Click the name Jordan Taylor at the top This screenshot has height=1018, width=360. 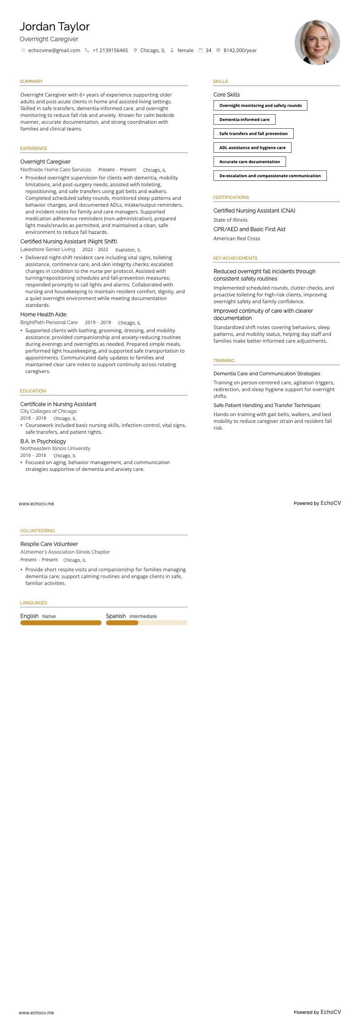coord(54,27)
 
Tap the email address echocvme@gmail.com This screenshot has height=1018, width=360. coord(54,50)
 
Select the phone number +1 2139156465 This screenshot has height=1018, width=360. coord(110,50)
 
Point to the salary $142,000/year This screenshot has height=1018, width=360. coord(240,50)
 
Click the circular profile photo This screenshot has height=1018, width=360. coord(317,42)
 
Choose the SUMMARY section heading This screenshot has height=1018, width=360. coord(31,82)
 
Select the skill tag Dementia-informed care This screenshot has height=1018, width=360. coord(244,120)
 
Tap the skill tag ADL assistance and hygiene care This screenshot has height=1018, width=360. coord(252,148)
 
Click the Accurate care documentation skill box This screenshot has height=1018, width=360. coord(249,162)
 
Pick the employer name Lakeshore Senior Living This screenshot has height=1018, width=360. coord(48,249)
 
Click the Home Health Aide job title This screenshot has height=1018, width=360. coord(43,315)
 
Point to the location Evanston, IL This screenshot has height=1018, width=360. coord(128,250)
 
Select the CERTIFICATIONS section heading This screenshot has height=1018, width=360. coord(231,198)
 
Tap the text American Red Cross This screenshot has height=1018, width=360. coord(237,238)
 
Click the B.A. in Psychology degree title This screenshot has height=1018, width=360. coord(43,441)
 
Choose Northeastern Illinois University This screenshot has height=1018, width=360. coord(55,448)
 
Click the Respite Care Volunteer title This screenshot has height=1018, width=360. coord(49,544)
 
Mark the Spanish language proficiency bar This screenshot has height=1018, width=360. coord(146,623)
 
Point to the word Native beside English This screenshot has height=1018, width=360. coord(49,616)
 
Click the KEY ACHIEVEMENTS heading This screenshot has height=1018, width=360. coord(235,258)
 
